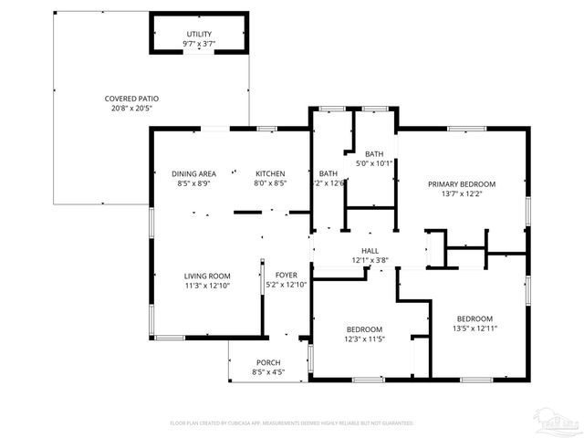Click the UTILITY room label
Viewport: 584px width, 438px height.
[198, 33]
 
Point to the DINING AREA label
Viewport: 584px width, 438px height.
[193, 173]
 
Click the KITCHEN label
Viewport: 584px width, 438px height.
[269, 173]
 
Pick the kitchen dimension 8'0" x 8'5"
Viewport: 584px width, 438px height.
[269, 183]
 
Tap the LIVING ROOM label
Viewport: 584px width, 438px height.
[207, 276]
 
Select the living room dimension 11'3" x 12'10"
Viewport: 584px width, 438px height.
[207, 286]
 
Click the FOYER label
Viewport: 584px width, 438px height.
[286, 275]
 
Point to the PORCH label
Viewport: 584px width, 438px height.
[268, 362]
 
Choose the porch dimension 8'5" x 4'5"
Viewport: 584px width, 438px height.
[268, 372]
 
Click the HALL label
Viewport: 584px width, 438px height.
[370, 250]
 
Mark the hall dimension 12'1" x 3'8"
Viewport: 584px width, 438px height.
[370, 260]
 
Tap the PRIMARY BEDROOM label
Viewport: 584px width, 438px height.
[461, 183]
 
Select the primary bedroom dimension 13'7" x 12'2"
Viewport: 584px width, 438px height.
[461, 193]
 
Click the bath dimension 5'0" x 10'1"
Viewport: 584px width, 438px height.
[374, 164]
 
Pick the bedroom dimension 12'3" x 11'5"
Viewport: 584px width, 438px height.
[364, 339]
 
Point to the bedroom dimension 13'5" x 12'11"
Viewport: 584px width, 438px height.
[474, 328]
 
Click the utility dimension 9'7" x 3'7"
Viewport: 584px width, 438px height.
[198, 43]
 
